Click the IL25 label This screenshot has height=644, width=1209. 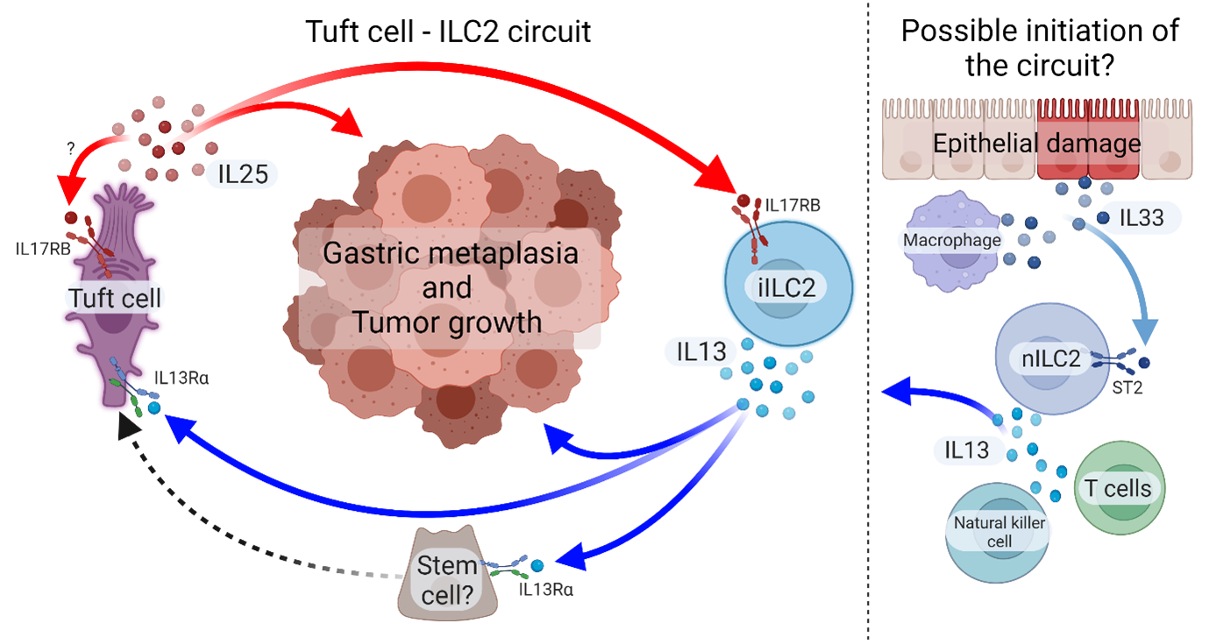(242, 174)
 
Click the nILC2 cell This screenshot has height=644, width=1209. (1050, 357)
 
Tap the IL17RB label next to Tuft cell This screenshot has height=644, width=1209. (43, 250)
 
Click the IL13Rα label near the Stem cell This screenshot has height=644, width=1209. (546, 589)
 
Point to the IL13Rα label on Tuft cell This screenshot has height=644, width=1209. (181, 379)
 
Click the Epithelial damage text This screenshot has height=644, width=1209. (1036, 144)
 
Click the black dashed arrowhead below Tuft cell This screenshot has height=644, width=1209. (129, 428)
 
